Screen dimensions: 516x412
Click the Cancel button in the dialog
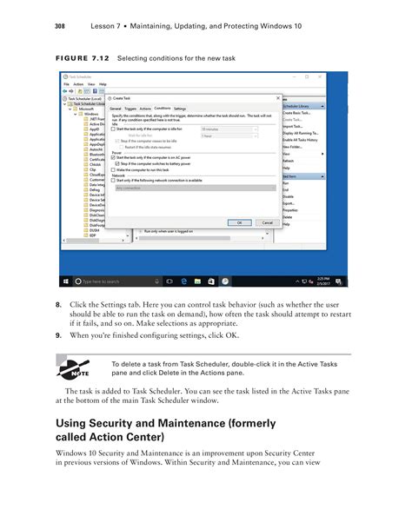(267, 223)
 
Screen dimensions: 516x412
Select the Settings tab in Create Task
(180, 109)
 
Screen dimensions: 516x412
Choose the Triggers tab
(130, 109)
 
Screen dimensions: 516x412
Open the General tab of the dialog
(115, 109)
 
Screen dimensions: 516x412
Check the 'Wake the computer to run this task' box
(113, 169)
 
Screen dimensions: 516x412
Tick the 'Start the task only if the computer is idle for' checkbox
(113, 129)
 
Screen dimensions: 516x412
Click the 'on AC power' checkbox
(113, 157)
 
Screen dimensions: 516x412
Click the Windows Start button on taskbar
(65, 281)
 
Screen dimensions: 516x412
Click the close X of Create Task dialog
(277, 98)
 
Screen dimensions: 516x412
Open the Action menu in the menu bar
(77, 84)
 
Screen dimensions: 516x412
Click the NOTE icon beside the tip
(72, 368)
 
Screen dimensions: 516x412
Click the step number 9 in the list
(58, 334)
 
